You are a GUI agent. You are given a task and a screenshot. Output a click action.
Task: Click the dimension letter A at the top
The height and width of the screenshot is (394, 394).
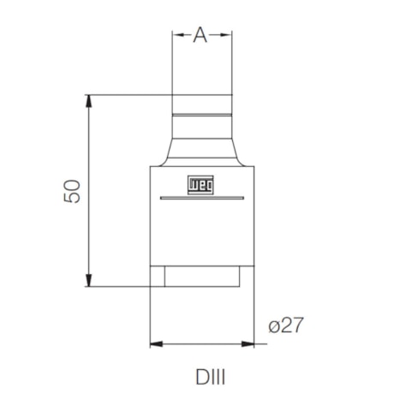tap(200, 34)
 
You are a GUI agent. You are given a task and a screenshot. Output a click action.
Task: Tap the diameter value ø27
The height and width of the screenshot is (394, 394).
tap(286, 326)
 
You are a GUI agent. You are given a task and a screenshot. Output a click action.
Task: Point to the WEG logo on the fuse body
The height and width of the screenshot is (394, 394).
tap(202, 183)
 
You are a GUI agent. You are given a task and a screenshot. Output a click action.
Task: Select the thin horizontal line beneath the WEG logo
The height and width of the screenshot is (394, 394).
tap(202, 199)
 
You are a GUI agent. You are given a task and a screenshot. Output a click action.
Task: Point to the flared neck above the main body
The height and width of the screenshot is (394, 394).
tap(202, 152)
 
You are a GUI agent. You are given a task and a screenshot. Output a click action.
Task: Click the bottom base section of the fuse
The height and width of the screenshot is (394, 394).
tap(202, 277)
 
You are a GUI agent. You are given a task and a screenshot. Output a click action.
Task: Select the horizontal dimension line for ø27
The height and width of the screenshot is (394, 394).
tap(202, 344)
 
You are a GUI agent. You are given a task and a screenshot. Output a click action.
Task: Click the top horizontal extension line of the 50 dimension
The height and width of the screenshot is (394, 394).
tap(128, 94)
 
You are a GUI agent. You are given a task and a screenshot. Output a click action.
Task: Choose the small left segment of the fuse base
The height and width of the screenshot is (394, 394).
tap(158, 277)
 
